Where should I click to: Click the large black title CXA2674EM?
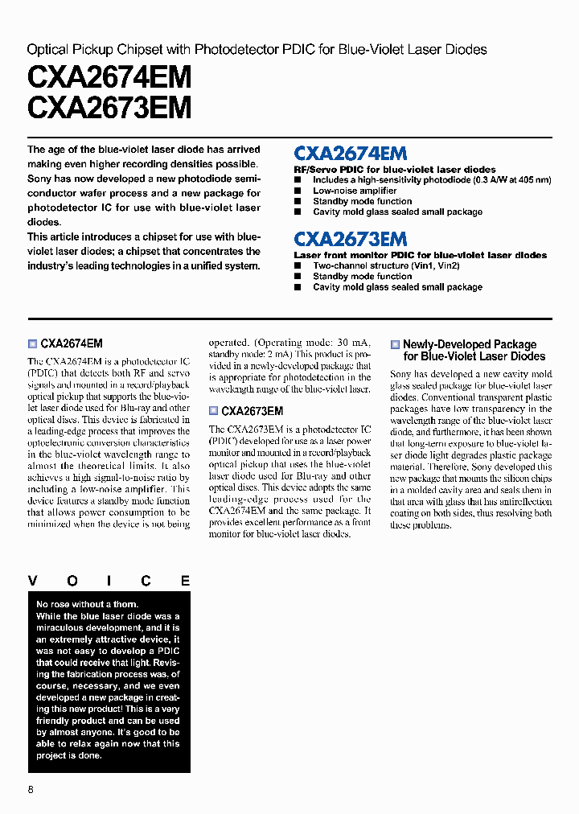[109, 78]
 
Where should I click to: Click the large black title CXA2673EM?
[109, 107]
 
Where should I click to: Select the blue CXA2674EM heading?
[351, 154]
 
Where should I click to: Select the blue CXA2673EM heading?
[351, 239]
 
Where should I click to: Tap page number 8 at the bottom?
[31, 789]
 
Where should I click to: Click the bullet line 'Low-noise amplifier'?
[355, 191]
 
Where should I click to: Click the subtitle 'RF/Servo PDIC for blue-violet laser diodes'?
[394, 170]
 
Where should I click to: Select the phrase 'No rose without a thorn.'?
[87, 604]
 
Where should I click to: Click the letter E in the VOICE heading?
[185, 581]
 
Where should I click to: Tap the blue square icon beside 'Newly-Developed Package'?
[395, 344]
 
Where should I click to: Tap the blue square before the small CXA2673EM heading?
[213, 411]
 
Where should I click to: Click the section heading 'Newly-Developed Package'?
[469, 344]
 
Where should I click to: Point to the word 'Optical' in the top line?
[47, 50]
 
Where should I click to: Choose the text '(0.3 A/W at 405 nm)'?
[511, 180]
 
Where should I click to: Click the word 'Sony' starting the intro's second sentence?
[39, 179]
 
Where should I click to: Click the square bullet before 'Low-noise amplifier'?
[297, 191]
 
